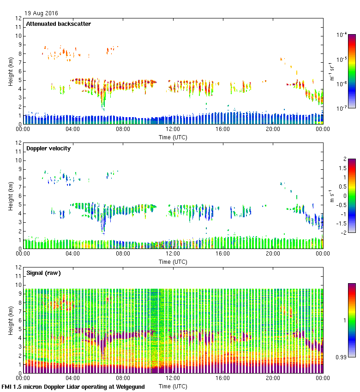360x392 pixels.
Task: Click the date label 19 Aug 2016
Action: [41, 13]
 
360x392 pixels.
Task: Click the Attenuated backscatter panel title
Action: [58, 24]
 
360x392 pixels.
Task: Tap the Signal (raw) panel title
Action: [43, 273]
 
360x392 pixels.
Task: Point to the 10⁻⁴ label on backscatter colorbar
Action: [342, 35]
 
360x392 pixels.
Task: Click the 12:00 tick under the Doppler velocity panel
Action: [173, 254]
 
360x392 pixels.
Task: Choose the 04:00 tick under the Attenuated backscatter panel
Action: [73, 129]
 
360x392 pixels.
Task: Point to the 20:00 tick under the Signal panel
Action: [273, 378]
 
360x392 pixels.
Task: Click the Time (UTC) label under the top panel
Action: [173, 137]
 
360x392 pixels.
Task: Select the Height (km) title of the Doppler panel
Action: [11, 196]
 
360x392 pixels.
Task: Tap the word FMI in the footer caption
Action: [7, 387]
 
